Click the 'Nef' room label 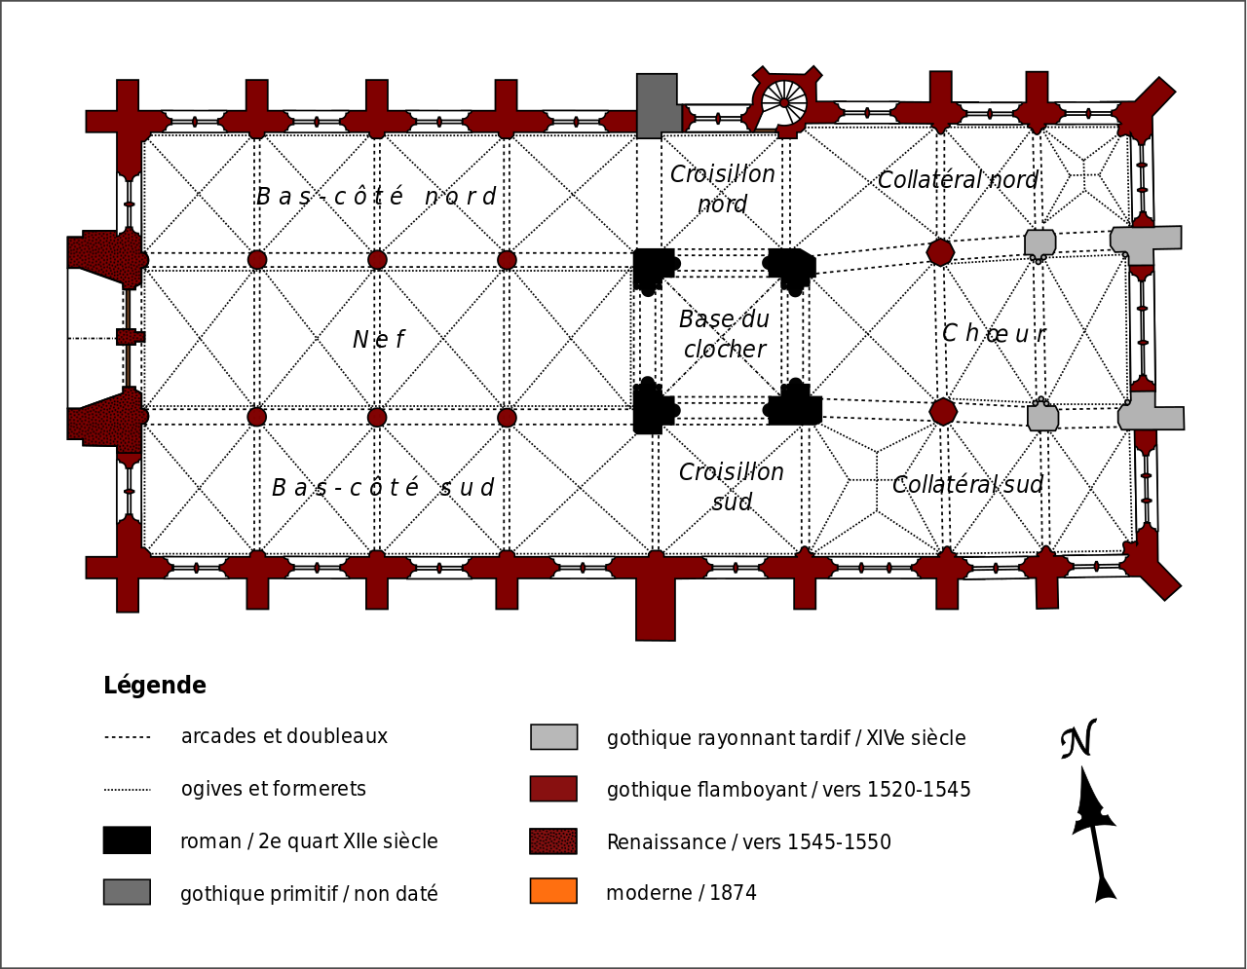(378, 340)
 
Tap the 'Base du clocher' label (724, 334)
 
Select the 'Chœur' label (994, 334)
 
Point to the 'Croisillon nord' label (723, 189)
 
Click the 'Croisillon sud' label (732, 487)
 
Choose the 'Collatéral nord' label (958, 180)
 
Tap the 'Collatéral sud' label (967, 485)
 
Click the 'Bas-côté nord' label (376, 197)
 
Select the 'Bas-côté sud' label (383, 488)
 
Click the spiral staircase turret (784, 101)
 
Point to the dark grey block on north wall (659, 105)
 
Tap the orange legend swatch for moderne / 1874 (553, 891)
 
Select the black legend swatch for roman (127, 840)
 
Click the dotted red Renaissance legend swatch (553, 841)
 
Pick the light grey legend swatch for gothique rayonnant (553, 737)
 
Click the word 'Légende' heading (155, 686)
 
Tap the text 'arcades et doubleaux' (284, 736)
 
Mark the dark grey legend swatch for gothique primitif (127, 892)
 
